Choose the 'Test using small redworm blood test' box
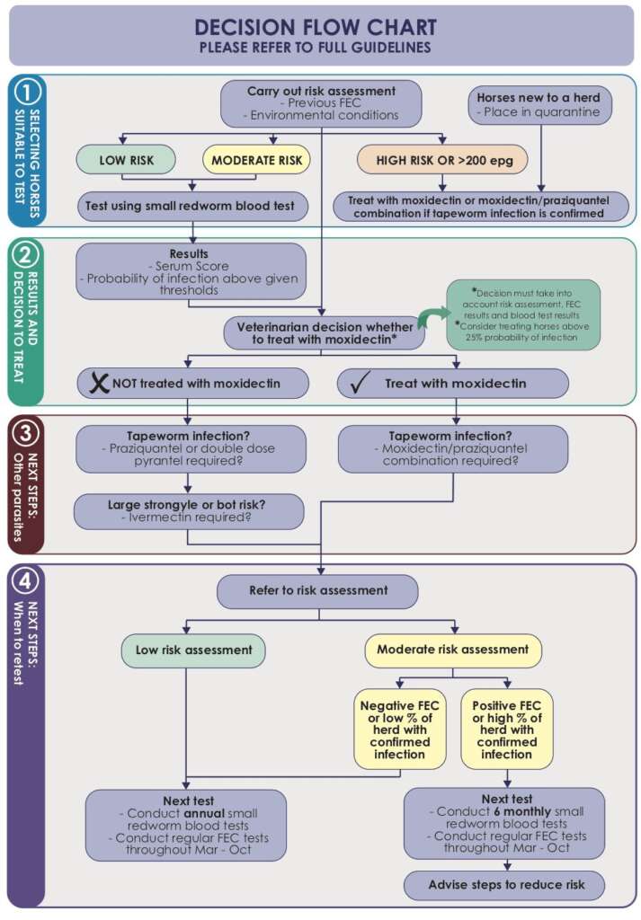coord(191,207)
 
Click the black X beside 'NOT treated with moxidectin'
coord(96,384)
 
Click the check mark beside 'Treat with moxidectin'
coord(357,384)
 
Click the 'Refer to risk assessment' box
coord(318,591)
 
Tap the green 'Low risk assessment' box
coord(193,649)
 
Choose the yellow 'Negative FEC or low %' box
coord(400,729)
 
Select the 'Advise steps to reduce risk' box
coord(503,885)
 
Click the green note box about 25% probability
coord(524,314)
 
